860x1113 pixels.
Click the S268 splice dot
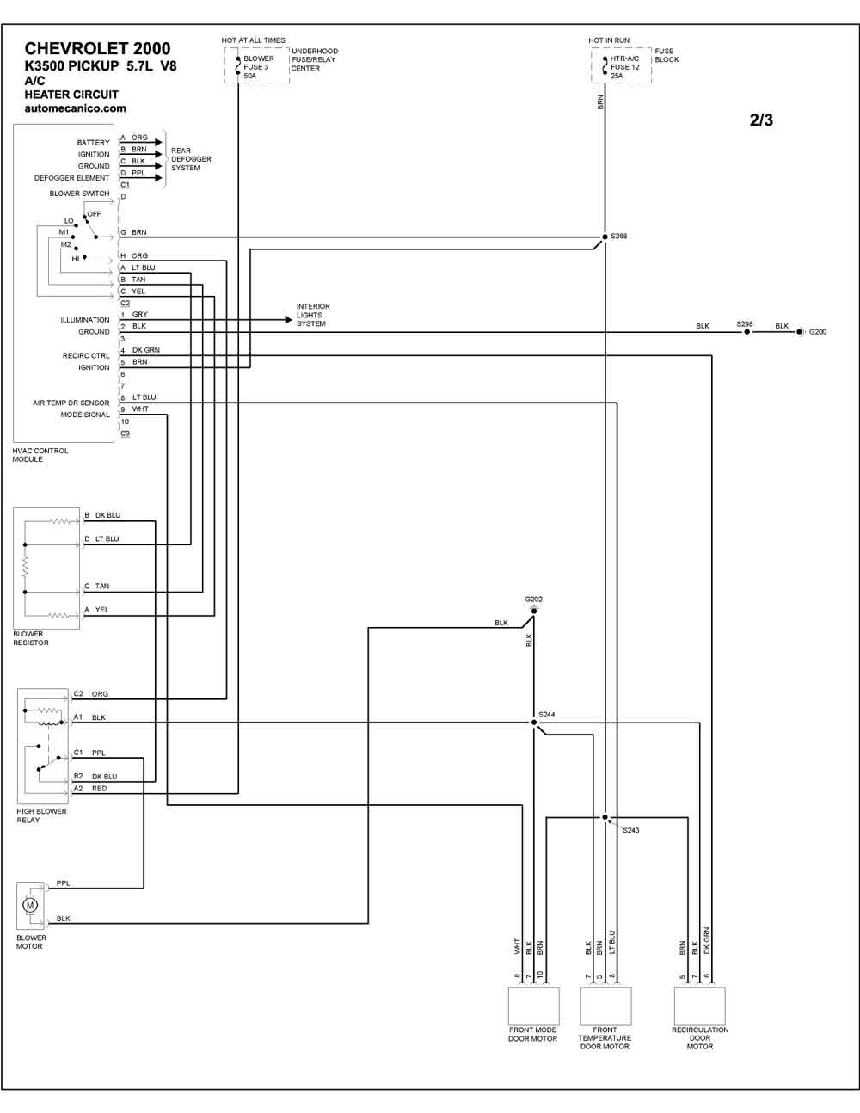pyautogui.click(x=605, y=237)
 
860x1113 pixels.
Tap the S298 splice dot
pyautogui.click(x=746, y=332)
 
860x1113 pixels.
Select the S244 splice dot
pyautogui.click(x=534, y=723)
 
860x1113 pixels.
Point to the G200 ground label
pyautogui.click(x=818, y=332)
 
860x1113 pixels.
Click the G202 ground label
pyautogui.click(x=533, y=599)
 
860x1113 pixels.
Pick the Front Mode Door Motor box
pyautogui.click(x=533, y=1006)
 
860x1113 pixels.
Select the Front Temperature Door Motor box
pyautogui.click(x=605, y=1006)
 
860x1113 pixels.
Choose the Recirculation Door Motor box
pyautogui.click(x=700, y=1006)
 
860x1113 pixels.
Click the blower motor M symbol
pyautogui.click(x=30, y=905)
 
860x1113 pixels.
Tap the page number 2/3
pyautogui.click(x=761, y=120)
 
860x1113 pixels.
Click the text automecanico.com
pyautogui.click(x=76, y=108)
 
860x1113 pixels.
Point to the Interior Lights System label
pyautogui.click(x=313, y=315)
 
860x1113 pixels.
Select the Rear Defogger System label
pyautogui.click(x=191, y=159)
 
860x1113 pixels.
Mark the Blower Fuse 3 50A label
pyautogui.click(x=259, y=67)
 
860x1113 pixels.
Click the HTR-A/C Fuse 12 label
pyautogui.click(x=624, y=63)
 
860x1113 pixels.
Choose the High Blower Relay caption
pyautogui.click(x=41, y=815)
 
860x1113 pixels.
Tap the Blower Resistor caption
pyautogui.click(x=31, y=638)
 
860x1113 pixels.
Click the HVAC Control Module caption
pyautogui.click(x=40, y=455)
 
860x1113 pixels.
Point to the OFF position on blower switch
pyautogui.click(x=95, y=214)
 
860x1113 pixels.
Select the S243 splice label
pyautogui.click(x=630, y=830)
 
